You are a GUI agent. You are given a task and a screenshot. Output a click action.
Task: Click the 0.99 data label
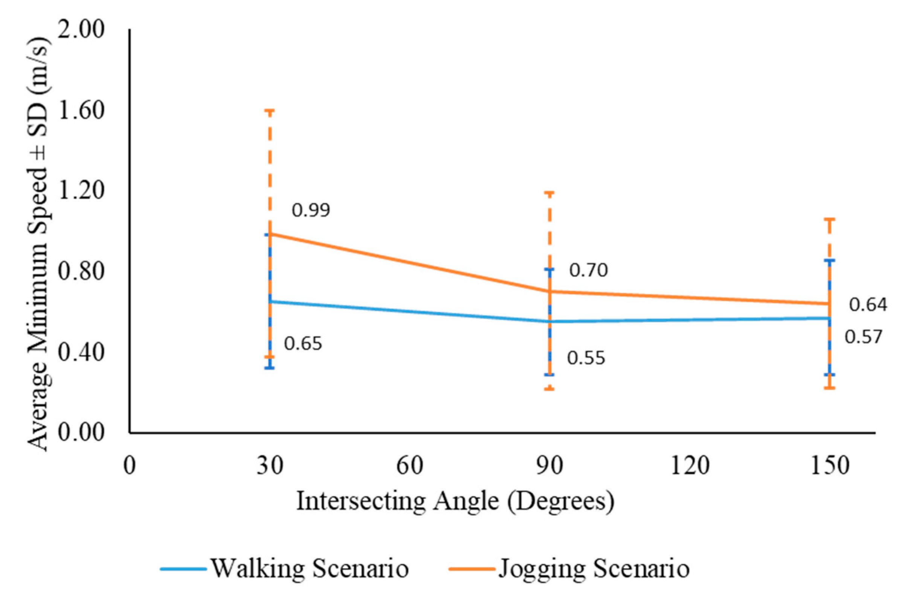click(310, 210)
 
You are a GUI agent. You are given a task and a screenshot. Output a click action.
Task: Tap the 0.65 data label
click(303, 343)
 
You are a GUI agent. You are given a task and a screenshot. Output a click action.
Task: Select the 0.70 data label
click(588, 270)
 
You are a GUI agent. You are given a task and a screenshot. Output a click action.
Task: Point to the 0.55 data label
click(586, 358)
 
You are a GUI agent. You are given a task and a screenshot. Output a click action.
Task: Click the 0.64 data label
click(868, 305)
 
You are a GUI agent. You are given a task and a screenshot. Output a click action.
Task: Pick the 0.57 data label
click(864, 337)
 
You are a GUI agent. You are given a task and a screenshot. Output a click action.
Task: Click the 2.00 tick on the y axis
click(81, 29)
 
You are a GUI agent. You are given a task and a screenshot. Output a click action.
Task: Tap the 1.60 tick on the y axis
click(81, 111)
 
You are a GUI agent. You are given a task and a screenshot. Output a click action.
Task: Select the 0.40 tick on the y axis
click(81, 352)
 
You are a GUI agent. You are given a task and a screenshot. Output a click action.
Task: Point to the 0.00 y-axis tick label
click(81, 433)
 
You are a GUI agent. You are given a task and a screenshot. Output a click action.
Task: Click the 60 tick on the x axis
click(410, 466)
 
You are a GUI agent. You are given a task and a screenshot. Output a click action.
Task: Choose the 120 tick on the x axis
click(690, 466)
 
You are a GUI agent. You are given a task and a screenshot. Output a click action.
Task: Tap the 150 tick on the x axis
click(830, 466)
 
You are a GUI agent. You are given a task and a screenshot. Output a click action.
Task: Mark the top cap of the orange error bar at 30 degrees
click(270, 111)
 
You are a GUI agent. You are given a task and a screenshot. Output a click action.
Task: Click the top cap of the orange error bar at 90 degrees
click(549, 193)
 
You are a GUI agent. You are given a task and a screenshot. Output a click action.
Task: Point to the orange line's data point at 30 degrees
click(270, 233)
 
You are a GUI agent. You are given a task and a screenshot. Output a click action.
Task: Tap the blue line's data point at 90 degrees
click(549, 322)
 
